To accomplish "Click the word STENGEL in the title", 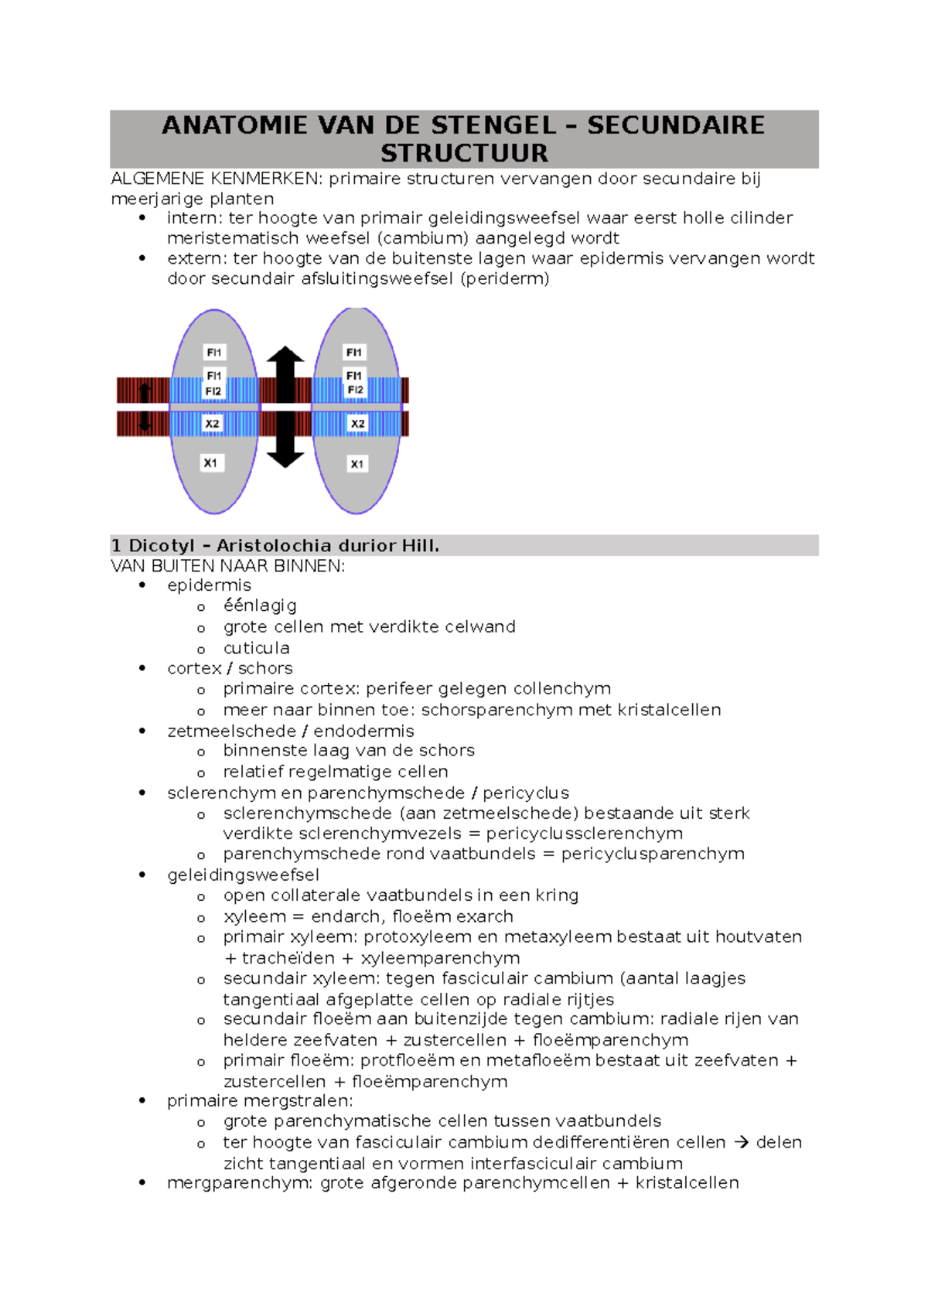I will (493, 125).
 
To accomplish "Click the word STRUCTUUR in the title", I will (464, 153).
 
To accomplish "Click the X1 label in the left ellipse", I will (210, 463).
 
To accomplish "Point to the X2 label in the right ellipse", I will (357, 424).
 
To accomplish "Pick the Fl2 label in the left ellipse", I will (213, 391).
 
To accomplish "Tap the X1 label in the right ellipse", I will (357, 464).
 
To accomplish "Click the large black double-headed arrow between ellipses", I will (285, 407).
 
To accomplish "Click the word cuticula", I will (256, 648).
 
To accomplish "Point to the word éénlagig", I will (260, 605).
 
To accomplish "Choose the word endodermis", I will (363, 731).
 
